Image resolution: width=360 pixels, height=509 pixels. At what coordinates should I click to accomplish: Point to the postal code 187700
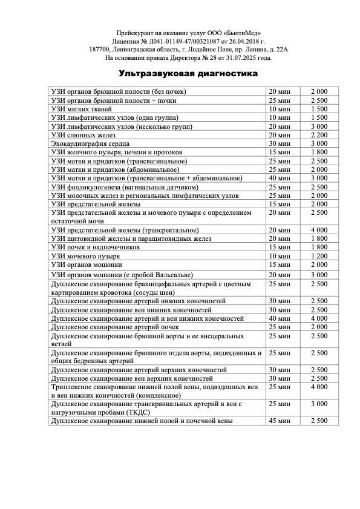(x=100, y=50)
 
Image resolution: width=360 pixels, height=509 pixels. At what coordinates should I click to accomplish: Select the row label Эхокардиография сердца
(x=91, y=143)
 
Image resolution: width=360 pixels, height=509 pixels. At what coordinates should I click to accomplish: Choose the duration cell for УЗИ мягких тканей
(x=280, y=108)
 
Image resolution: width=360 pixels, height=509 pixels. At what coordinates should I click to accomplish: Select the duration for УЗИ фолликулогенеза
(x=280, y=187)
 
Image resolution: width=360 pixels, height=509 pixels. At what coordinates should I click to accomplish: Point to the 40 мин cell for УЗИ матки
(x=280, y=178)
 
